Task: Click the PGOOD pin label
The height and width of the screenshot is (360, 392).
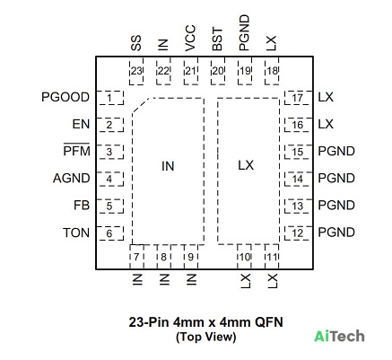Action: click(65, 97)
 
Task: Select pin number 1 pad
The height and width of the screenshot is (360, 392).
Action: click(110, 98)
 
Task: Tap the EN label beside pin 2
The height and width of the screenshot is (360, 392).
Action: click(81, 124)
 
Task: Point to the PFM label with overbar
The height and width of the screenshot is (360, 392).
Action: click(76, 150)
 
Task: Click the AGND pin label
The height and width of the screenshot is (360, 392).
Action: click(72, 179)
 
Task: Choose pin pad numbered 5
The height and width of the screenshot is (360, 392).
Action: click(110, 206)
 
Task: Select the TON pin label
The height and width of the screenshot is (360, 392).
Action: click(76, 233)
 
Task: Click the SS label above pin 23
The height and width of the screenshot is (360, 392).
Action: click(136, 43)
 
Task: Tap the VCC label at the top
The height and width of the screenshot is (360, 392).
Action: click(190, 38)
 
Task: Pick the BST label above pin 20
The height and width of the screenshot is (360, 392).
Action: click(217, 40)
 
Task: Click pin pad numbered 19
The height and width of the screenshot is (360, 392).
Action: click(245, 72)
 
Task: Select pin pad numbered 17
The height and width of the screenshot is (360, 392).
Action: click(298, 98)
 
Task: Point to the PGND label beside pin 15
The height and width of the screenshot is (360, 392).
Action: click(336, 152)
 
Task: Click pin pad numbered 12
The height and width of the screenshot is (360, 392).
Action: click(298, 233)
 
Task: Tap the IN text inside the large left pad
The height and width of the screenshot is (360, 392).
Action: click(168, 166)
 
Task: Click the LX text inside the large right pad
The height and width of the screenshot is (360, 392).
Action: click(246, 165)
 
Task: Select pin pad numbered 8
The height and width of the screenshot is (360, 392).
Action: click(163, 257)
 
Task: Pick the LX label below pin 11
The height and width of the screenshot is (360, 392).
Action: click(272, 281)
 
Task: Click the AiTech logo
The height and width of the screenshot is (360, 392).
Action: click(339, 337)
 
